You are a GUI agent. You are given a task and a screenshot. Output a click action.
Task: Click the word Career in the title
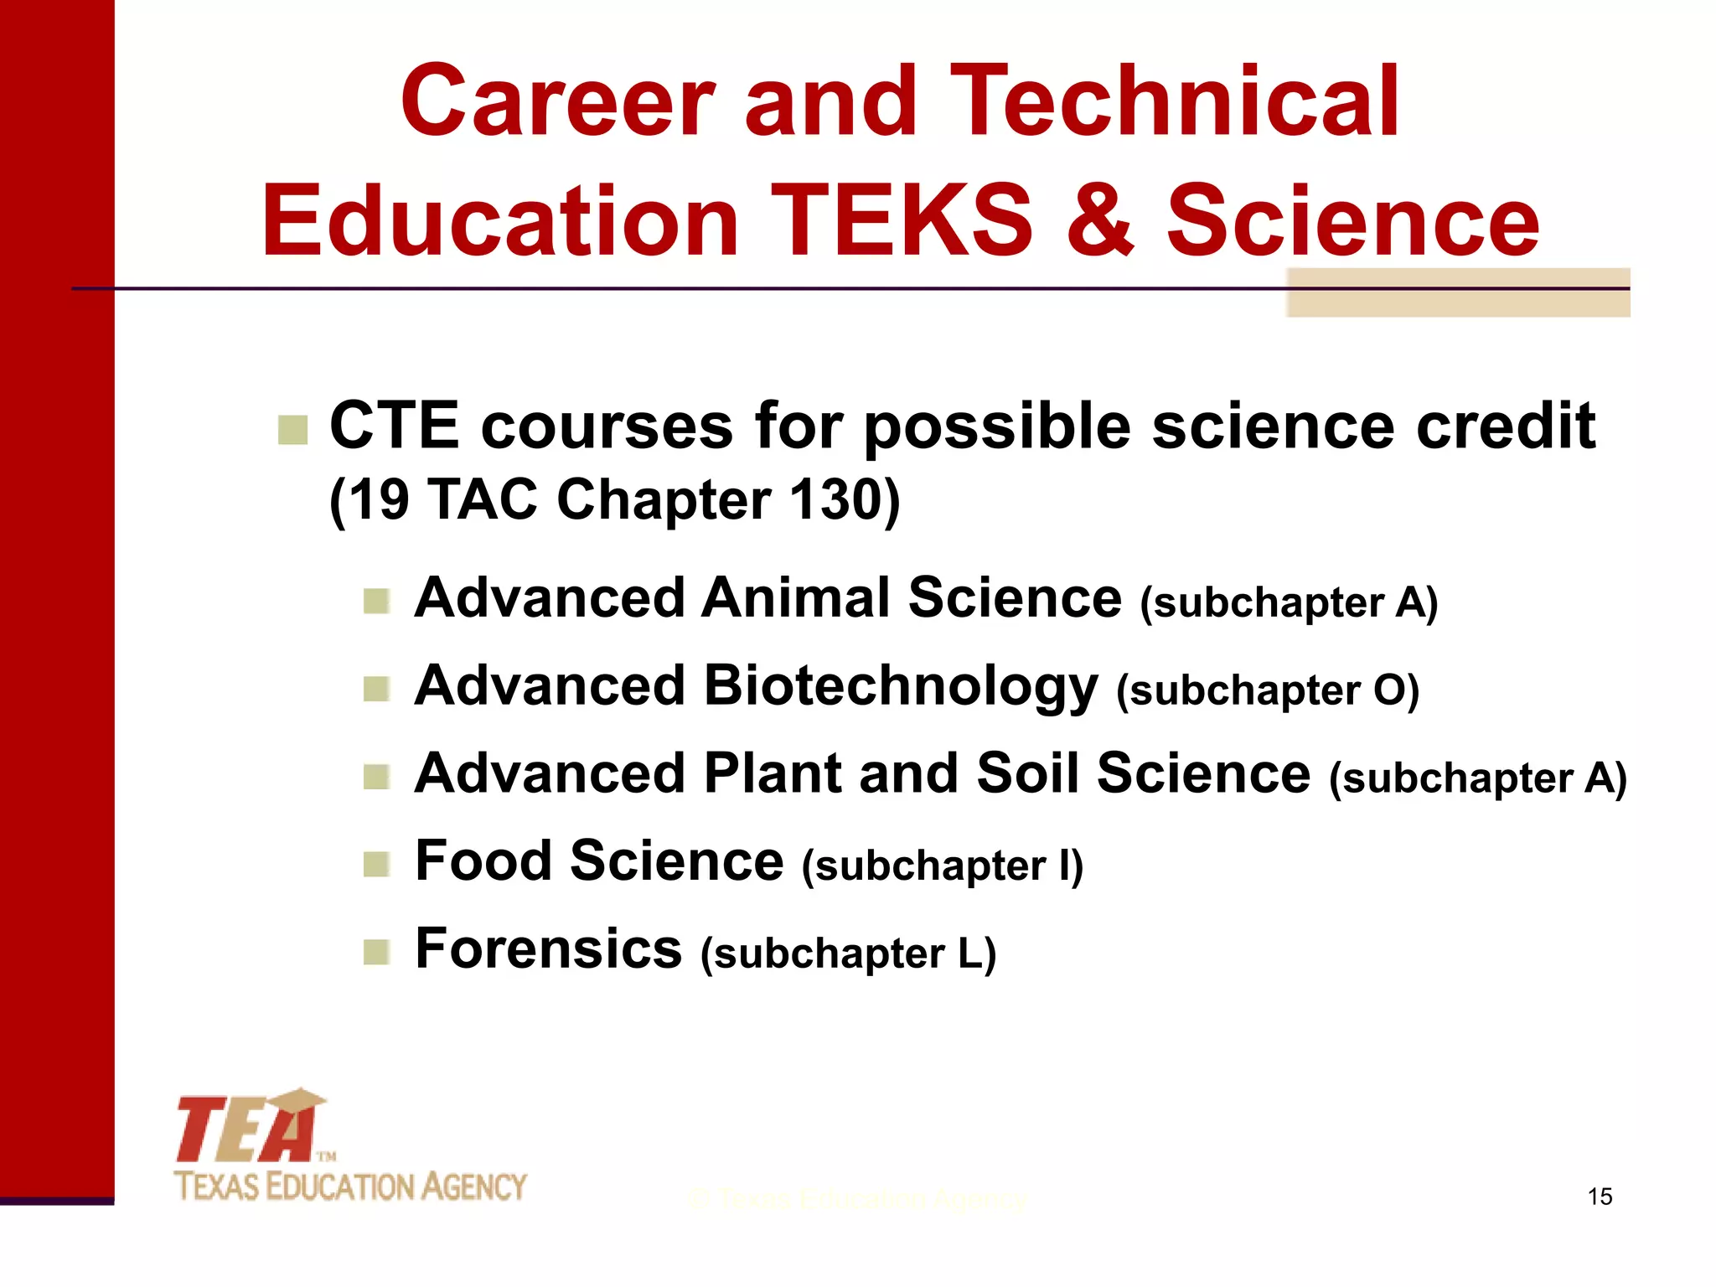[x=558, y=102]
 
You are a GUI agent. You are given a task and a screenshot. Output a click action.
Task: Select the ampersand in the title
[x=1099, y=221]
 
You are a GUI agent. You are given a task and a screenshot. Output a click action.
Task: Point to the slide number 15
[x=1600, y=1197]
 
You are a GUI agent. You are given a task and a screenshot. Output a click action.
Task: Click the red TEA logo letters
[x=247, y=1129]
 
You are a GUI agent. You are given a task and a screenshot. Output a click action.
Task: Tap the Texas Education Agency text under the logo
[x=350, y=1186]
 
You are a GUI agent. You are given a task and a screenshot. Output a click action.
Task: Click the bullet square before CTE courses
[x=292, y=430]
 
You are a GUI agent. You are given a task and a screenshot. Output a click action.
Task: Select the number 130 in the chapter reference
[x=839, y=500]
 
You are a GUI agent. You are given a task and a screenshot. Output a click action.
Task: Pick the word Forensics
[x=549, y=949]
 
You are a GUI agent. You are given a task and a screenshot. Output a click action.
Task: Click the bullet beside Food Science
[x=376, y=864]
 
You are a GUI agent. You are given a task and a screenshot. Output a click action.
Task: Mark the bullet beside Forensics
[x=376, y=952]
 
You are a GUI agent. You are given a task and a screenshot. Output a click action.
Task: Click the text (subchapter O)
[x=1268, y=691]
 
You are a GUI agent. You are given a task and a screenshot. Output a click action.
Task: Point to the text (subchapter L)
[x=848, y=954]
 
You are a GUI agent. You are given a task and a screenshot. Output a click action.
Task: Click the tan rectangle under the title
[x=1458, y=292]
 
